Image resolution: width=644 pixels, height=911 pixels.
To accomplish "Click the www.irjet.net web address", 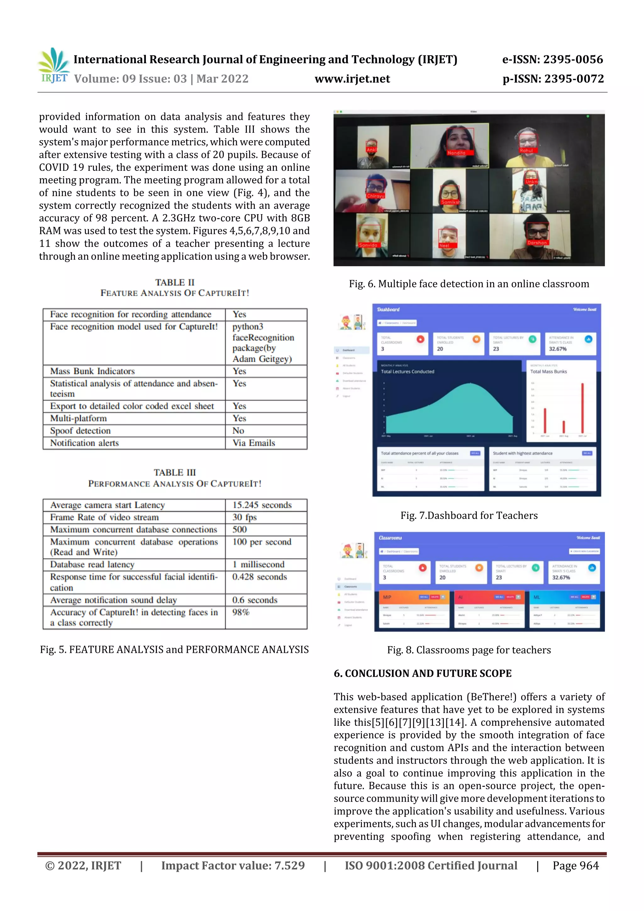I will coord(352,79).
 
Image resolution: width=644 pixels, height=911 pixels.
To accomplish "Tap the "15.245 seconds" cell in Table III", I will coord(262,505).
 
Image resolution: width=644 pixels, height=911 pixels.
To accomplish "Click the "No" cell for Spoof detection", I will coord(238,431).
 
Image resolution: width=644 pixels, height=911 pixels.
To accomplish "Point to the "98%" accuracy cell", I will coord(241,612).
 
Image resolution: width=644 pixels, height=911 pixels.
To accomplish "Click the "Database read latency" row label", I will coord(92,564).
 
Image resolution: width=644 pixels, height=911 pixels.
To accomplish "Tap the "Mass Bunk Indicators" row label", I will coord(92,371).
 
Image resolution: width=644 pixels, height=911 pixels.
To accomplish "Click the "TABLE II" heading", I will coord(175,282).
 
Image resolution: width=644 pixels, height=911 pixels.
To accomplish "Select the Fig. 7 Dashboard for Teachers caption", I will coord(469,515).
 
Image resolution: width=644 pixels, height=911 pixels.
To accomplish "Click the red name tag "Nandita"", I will coord(456,153).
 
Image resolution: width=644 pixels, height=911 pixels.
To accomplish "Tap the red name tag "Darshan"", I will coord(537,243).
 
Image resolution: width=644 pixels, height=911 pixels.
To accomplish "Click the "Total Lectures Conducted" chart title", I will coord(408,372).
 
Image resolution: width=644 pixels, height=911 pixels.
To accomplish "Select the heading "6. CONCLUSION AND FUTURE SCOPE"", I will coord(423,673).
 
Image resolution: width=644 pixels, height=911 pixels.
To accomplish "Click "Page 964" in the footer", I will coord(575,866).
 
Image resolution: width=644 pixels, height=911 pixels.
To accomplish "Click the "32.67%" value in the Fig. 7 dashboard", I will coord(558,349).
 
